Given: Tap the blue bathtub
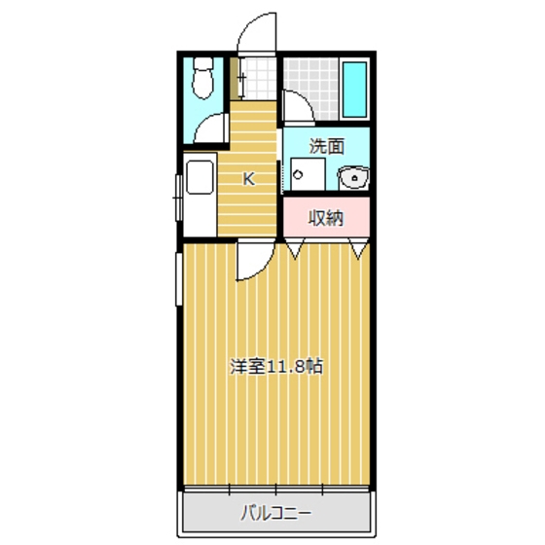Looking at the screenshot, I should pos(355,89).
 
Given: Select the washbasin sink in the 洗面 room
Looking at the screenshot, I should pos(353,177).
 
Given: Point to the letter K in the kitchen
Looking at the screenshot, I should pos(248,178).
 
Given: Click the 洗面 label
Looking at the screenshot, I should pos(326,147).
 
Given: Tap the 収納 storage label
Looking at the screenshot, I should pos(326,217).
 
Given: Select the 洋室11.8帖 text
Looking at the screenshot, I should pos(275,368).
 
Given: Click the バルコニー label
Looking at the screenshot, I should pos(276,512).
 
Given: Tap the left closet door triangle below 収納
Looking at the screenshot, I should pos(295,250).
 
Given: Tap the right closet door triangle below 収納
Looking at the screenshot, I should pos(360,250).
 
